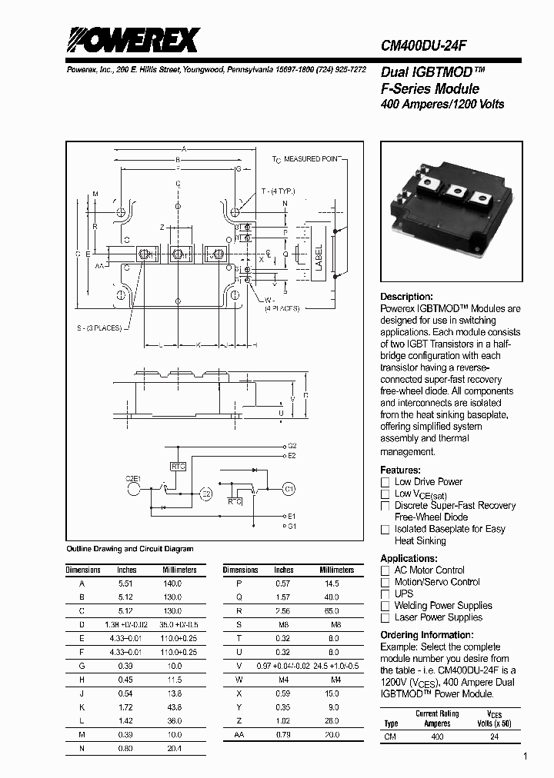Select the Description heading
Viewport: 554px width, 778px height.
pos(406,297)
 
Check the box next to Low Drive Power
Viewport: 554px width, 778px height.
pos(385,482)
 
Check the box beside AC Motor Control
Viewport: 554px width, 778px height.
pos(385,570)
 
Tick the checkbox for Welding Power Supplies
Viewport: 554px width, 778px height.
pos(385,606)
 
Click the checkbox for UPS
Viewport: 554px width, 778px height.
pos(385,593)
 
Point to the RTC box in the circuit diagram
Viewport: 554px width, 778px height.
pos(178,466)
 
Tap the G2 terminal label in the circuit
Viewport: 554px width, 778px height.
pos(292,445)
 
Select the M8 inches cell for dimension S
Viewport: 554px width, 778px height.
pos(284,624)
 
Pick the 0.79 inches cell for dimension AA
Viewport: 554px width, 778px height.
pos(284,734)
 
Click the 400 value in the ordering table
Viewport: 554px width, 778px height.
pos(437,736)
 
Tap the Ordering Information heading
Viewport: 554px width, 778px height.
pos(429,635)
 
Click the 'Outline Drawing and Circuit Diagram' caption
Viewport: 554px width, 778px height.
pos(129,549)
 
